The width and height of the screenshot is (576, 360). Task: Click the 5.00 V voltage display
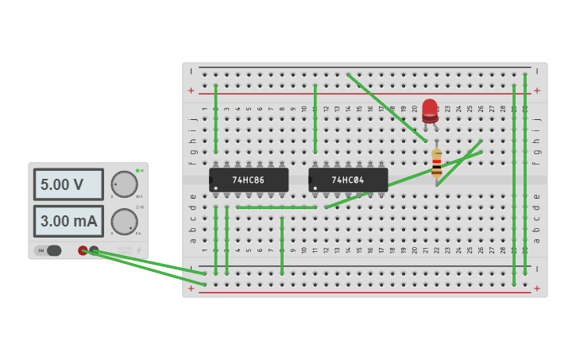pyautogui.click(x=68, y=184)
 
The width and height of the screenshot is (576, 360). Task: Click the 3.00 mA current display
pyautogui.click(x=68, y=221)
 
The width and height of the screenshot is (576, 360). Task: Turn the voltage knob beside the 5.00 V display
pyautogui.click(x=124, y=184)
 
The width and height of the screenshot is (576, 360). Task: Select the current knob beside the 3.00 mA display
pyautogui.click(x=124, y=221)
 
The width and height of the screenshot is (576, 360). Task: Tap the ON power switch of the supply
pyautogui.click(x=48, y=250)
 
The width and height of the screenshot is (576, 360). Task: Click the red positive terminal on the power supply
pyautogui.click(x=83, y=250)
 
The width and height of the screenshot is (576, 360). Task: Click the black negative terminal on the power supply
pyautogui.click(x=94, y=250)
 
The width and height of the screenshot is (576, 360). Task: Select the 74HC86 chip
pyautogui.click(x=249, y=180)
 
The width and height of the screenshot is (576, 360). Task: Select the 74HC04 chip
pyautogui.click(x=348, y=180)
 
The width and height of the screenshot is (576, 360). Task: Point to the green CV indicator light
pyautogui.click(x=137, y=170)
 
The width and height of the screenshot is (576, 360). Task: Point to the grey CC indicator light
pyautogui.click(x=137, y=207)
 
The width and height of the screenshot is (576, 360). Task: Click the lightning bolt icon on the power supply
pyautogui.click(x=139, y=250)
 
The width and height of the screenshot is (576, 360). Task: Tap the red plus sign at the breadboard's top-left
pyautogui.click(x=191, y=91)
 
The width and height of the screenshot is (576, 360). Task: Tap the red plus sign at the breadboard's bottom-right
pyautogui.click(x=537, y=288)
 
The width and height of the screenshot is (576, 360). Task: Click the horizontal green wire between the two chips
pyautogui.click(x=276, y=207)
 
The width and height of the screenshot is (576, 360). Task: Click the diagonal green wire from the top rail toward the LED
pyautogui.click(x=386, y=107)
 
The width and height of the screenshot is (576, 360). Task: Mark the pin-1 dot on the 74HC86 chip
pyautogui.click(x=215, y=188)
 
